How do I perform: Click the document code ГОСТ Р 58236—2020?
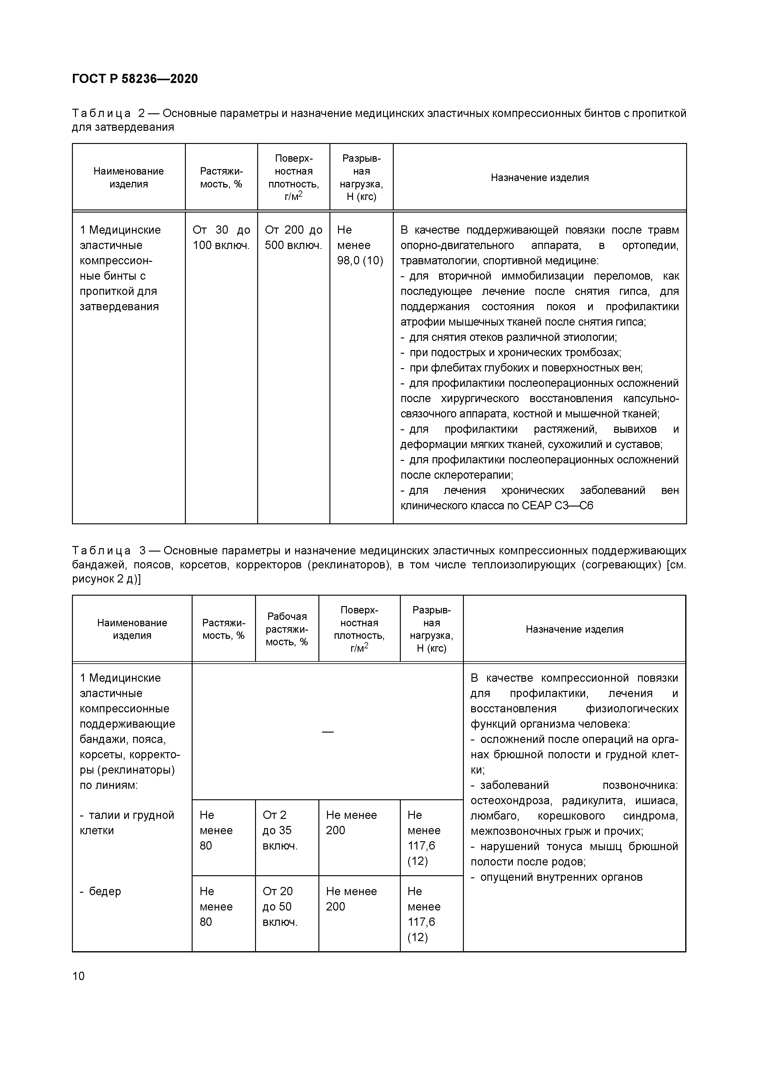click(135, 79)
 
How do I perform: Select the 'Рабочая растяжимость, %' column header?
click(287, 629)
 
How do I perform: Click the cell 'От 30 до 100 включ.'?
click(221, 238)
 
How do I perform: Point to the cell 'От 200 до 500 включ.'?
click(293, 238)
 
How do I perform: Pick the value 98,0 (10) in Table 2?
click(360, 261)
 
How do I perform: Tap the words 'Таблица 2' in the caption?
click(108, 113)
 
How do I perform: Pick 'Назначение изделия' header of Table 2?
click(539, 178)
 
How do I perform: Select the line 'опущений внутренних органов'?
click(561, 877)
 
